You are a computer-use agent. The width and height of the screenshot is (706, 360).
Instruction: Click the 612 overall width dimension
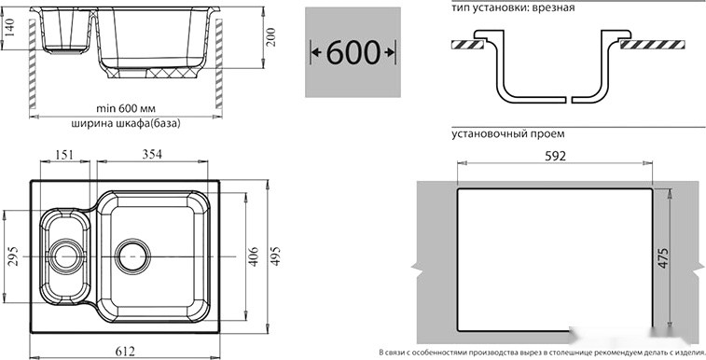(x=126, y=351)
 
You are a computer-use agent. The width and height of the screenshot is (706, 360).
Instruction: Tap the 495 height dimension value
(x=274, y=256)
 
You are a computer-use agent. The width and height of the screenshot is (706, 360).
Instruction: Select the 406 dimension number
(x=255, y=256)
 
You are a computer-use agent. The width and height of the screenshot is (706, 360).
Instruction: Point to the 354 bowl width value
(x=152, y=154)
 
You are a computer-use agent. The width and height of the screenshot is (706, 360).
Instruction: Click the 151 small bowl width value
(x=64, y=154)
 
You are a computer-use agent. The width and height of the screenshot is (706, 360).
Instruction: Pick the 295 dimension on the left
(x=13, y=256)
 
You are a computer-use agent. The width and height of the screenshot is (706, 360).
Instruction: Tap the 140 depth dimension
(x=9, y=28)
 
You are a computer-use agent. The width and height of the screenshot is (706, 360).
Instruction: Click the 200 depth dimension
(x=270, y=38)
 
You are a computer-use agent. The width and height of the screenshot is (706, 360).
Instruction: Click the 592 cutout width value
(x=554, y=156)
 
